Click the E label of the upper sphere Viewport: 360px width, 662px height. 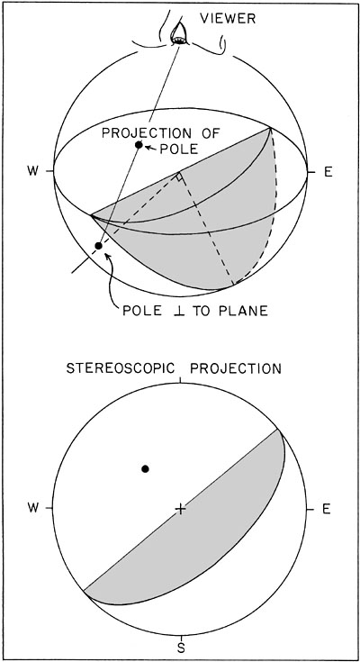pyautogui.click(x=328, y=172)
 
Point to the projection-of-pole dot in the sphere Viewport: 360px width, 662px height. pyautogui.click(x=139, y=145)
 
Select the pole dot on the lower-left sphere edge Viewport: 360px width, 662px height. pyautogui.click(x=98, y=245)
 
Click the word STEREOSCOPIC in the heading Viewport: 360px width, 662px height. pyautogui.click(x=121, y=368)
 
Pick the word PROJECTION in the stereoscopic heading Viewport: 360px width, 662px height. pyautogui.click(x=236, y=368)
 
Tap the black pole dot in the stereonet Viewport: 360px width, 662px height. pyautogui.click(x=145, y=468)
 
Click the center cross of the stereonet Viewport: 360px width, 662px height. pyautogui.click(x=180, y=509)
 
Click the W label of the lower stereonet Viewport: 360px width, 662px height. pyautogui.click(x=34, y=508)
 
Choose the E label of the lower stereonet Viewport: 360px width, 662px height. pyautogui.click(x=326, y=509)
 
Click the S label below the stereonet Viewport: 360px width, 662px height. pyautogui.click(x=181, y=648)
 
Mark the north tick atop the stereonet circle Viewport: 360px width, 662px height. pyautogui.click(x=180, y=380)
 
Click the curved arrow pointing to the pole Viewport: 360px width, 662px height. pyautogui.click(x=111, y=278)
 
